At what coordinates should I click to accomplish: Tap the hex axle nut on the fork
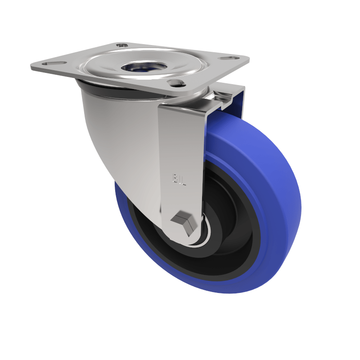184,223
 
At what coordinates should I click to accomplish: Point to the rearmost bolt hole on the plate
122,45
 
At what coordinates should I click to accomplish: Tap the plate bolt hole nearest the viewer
176,83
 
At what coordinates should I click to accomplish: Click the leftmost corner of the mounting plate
32,67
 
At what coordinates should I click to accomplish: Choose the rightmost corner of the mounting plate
248,59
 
